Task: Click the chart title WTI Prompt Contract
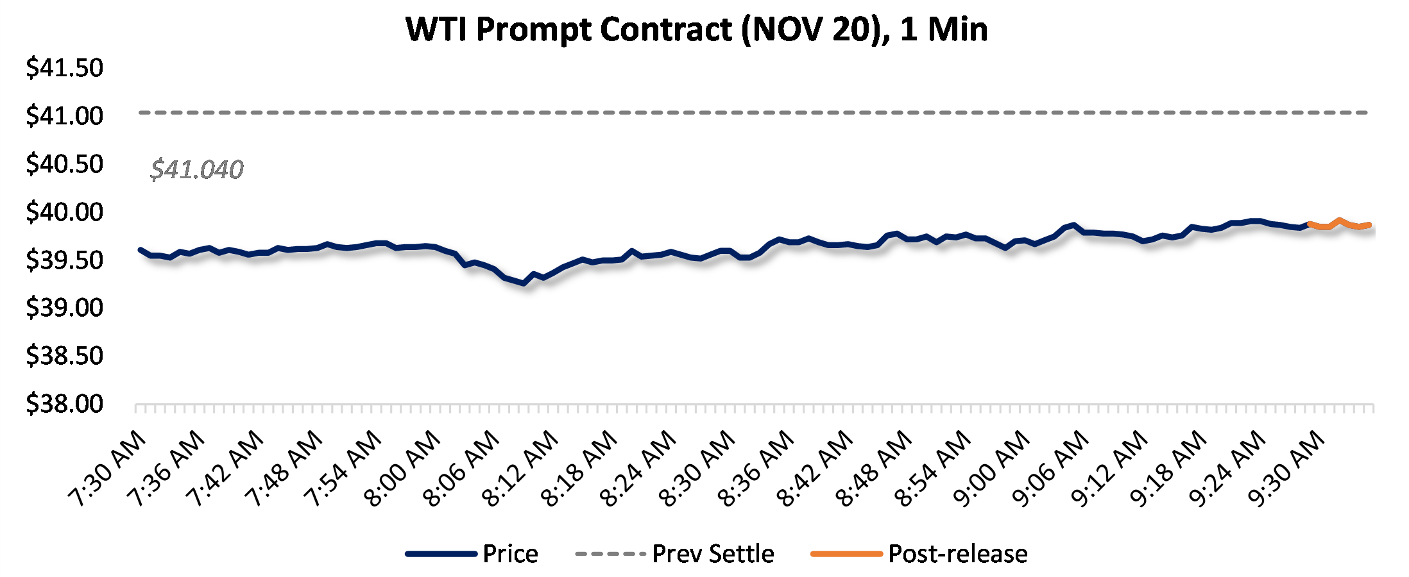point(696,29)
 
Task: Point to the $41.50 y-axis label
point(64,68)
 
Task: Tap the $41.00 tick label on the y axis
point(64,116)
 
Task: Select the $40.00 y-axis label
point(64,212)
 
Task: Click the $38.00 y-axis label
point(64,404)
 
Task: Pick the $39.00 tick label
point(64,308)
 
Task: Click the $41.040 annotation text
point(196,170)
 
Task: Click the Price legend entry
point(510,554)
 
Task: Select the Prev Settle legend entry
point(713,554)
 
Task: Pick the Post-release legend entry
point(957,554)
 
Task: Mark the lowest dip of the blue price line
point(524,283)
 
